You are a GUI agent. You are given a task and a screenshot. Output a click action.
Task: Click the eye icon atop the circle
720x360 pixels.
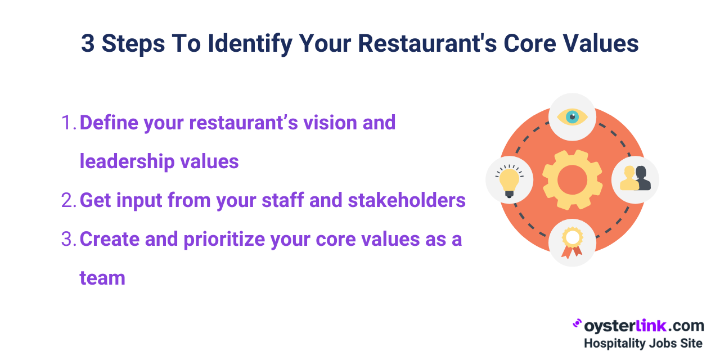572,117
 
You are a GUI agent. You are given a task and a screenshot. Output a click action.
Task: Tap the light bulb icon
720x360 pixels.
509,180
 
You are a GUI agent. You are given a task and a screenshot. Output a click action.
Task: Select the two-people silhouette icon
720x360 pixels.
635,179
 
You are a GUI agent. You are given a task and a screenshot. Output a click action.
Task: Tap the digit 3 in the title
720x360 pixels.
88,44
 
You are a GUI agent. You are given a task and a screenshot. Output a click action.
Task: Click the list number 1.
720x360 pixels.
67,123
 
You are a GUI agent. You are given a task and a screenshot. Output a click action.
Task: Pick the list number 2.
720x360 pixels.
67,200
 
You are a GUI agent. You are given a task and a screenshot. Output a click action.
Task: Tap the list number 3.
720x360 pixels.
67,239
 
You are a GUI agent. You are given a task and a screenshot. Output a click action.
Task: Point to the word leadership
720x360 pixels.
127,161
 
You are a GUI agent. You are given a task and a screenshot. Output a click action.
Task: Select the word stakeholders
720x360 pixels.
407,200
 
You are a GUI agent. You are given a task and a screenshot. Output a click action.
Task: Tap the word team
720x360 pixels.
102,278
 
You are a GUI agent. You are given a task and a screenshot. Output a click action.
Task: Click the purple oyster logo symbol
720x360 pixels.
577,323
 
